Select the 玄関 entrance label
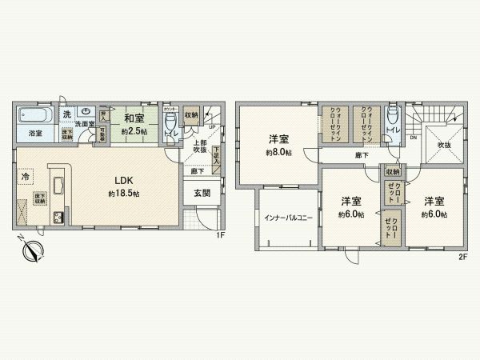click(202, 193)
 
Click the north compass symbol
click(33, 251)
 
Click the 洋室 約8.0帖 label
click(279, 141)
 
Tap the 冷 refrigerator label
click(26, 175)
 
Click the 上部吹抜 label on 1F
click(199, 146)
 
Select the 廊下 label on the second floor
click(362, 154)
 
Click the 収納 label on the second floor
click(393, 171)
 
